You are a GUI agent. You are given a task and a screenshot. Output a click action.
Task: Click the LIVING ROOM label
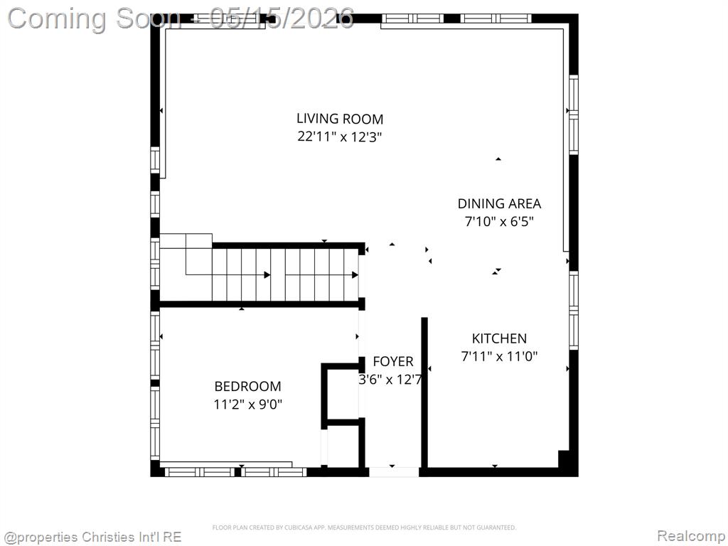pos(340,119)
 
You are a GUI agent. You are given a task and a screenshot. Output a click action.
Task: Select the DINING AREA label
pos(499,204)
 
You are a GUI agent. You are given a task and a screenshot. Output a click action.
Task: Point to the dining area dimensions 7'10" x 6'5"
pos(499,222)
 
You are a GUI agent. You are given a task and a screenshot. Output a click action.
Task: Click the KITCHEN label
pos(499,338)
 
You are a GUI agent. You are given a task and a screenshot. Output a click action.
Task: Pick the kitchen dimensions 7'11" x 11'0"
pos(499,357)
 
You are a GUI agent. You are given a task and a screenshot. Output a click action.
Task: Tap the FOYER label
pos(392,362)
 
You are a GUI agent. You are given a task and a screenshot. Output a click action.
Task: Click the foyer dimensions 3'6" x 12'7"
pos(390,380)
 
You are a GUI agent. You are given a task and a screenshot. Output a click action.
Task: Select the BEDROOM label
pos(247,386)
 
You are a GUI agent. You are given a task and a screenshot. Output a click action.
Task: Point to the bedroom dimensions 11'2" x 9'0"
pos(247,405)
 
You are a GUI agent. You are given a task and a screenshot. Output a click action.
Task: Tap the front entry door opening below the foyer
pos(394,472)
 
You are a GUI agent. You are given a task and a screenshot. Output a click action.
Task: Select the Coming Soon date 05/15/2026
pos(282,18)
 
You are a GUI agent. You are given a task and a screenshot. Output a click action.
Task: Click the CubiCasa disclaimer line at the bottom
pos(364,528)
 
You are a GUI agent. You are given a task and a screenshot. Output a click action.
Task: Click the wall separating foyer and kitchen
pos(424,392)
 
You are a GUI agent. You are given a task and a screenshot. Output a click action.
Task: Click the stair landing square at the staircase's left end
pos(199,255)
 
